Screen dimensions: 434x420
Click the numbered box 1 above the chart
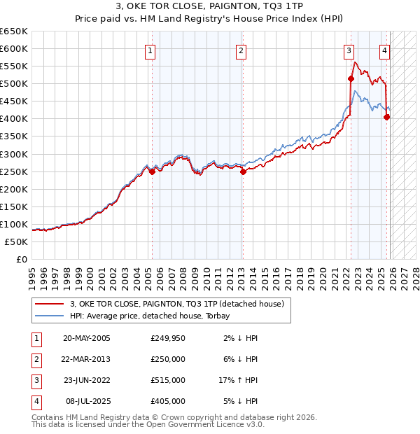click(151, 50)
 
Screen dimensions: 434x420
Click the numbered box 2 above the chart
click(241, 50)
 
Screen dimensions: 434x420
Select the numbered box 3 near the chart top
click(349, 50)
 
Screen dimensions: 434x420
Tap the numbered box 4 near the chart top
click(385, 50)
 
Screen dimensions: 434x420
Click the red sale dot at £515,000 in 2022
click(351, 78)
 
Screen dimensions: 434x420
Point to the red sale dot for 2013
click(243, 171)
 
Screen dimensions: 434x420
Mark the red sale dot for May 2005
click(152, 171)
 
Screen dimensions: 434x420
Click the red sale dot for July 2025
click(386, 117)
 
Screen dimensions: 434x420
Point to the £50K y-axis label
click(17, 241)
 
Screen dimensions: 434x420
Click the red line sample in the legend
click(50, 304)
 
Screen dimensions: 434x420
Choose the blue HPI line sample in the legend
click(50, 316)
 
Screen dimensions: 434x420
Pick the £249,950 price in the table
click(167, 338)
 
